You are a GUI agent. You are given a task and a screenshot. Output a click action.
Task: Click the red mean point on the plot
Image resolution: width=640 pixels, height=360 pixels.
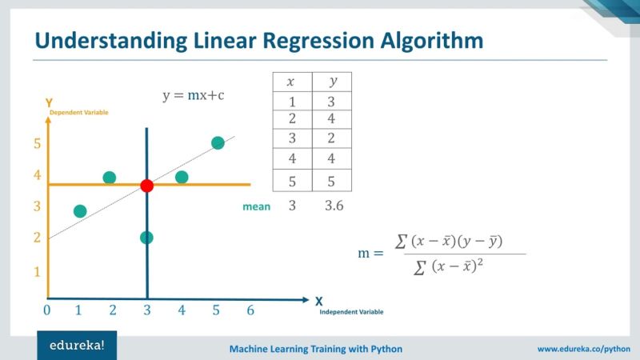tap(146, 186)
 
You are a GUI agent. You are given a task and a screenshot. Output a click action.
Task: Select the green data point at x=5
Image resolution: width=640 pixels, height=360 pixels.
tap(218, 143)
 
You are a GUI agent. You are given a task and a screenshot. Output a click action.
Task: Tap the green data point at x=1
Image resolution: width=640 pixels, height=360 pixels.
tap(79, 211)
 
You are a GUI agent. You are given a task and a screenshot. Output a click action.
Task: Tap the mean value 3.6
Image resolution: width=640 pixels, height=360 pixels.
tap(334, 206)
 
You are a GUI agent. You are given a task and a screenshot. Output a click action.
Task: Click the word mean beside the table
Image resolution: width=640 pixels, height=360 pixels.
tap(256, 206)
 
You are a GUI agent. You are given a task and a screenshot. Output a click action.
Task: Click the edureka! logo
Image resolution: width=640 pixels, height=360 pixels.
tap(76, 346)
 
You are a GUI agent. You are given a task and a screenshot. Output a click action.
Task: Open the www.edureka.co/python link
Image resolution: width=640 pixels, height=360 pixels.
tap(585, 349)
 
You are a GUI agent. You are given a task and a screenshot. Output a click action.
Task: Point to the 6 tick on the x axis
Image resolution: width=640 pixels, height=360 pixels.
tap(250, 310)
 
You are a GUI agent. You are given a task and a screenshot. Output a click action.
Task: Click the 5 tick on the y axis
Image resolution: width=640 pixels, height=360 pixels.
tap(37, 144)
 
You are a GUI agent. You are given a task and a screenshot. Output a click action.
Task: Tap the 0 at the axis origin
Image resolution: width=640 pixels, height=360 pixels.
tap(47, 310)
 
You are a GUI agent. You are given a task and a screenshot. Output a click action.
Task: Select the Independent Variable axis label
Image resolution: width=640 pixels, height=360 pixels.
tap(351, 311)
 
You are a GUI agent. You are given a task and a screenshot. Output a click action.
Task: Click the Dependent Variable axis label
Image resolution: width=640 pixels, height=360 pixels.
tap(78, 113)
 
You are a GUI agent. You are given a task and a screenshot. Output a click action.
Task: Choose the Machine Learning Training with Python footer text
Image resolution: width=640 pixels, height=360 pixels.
tap(316, 349)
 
